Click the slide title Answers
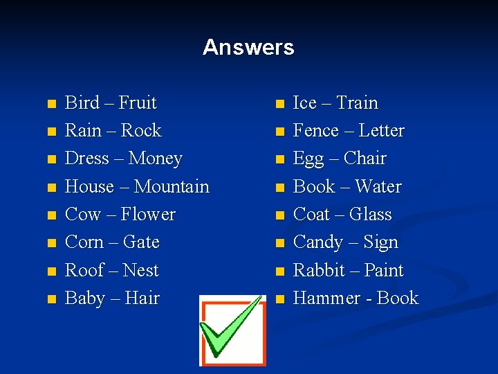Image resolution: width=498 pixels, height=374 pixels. (248, 48)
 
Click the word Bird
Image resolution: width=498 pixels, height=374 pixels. (82, 103)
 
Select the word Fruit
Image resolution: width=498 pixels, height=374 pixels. (138, 103)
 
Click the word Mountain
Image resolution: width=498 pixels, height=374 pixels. (172, 187)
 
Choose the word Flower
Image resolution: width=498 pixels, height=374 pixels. (148, 215)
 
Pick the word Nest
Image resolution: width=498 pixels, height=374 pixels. (140, 271)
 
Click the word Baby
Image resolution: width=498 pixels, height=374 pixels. (84, 299)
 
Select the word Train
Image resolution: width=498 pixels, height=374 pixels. (357, 103)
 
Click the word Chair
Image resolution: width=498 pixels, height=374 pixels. (365, 159)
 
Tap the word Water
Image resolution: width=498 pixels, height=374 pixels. (378, 187)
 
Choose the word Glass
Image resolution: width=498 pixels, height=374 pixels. (370, 215)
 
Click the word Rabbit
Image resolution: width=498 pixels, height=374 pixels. (319, 270)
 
